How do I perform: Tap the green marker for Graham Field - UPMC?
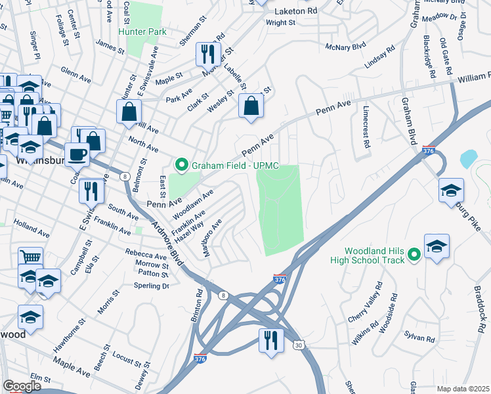(x=181, y=165)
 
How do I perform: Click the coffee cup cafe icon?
(x=77, y=154)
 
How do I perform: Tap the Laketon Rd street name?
(x=295, y=11)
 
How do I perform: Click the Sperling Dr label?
(x=153, y=286)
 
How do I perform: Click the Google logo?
(x=22, y=386)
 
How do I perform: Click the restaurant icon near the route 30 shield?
(x=269, y=341)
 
